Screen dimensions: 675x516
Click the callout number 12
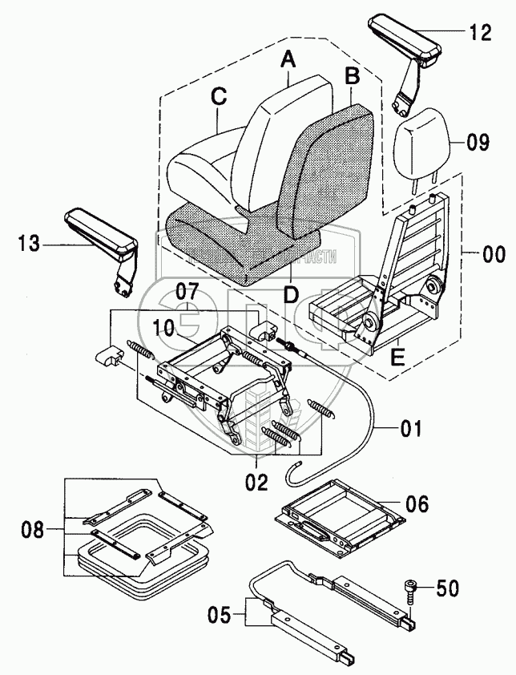point(481,33)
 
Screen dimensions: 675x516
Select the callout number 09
point(478,144)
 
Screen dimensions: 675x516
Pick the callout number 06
point(417,504)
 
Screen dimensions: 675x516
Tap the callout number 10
point(164,328)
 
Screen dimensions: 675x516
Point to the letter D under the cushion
point(291,296)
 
